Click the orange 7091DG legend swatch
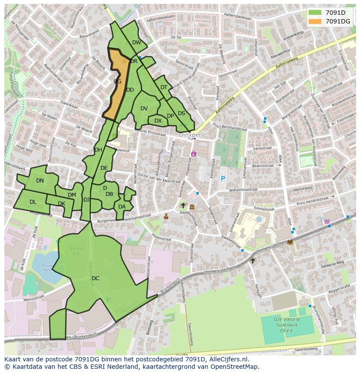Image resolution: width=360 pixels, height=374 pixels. (x=316, y=21)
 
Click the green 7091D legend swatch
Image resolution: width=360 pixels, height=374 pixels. (x=316, y=13)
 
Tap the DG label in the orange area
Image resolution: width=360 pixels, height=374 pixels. (x=117, y=81)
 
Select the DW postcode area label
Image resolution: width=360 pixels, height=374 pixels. (x=137, y=43)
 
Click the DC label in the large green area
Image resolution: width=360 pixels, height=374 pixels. (x=96, y=278)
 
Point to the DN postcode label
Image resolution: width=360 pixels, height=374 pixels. (x=40, y=181)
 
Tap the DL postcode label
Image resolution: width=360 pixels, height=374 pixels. (x=33, y=202)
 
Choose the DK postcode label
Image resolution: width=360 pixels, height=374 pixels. (x=61, y=204)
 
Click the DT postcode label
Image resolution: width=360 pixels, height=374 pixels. (x=164, y=87)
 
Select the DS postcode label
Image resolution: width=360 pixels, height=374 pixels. (x=181, y=113)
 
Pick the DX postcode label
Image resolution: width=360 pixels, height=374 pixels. (x=158, y=121)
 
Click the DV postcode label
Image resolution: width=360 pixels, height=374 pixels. (x=144, y=109)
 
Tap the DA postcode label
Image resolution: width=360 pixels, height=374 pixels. (x=122, y=207)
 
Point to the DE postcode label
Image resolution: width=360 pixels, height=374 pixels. (x=104, y=168)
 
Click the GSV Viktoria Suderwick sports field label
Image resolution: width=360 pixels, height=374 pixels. (x=285, y=323)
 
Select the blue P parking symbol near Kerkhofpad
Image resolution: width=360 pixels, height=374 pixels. (x=223, y=178)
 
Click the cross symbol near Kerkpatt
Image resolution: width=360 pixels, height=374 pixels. (x=253, y=261)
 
